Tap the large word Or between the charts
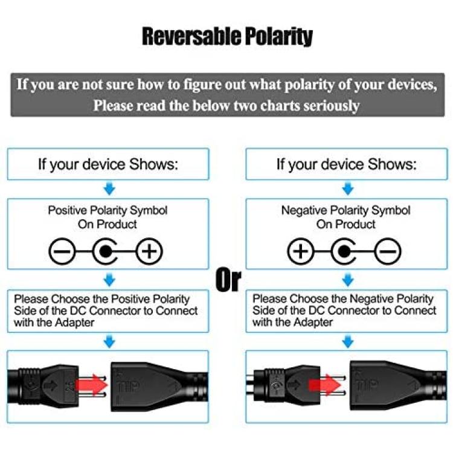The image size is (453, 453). tap(228, 280)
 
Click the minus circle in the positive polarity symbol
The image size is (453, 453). tap(62, 251)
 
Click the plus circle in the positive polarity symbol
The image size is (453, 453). tap(149, 251)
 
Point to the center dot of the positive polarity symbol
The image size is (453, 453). tap(105, 251)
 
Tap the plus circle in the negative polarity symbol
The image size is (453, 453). tap(300, 251)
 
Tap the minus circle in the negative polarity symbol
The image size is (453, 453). tap(388, 251)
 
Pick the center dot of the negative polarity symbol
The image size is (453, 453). tap(344, 251)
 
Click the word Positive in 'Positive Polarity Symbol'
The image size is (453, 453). tap(68, 210)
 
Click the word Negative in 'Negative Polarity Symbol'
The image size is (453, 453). tap(304, 210)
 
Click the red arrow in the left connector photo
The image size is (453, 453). tap(91, 385)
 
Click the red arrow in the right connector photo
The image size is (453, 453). tap(325, 385)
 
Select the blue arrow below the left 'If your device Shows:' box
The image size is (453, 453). tap(109, 188)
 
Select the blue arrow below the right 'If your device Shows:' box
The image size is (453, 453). tap(348, 188)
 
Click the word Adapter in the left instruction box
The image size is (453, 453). tap(74, 323)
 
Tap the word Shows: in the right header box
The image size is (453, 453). tap(393, 164)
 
